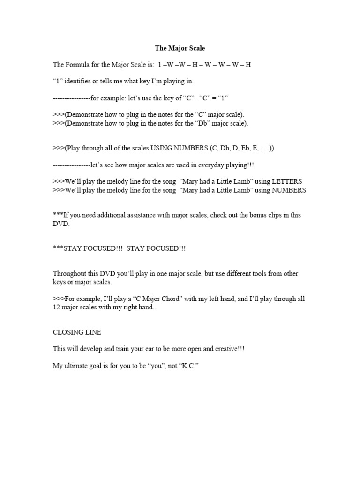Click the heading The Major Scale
(180, 48)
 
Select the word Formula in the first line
(78, 64)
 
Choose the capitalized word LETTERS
(285, 181)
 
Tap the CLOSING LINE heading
(77, 332)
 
